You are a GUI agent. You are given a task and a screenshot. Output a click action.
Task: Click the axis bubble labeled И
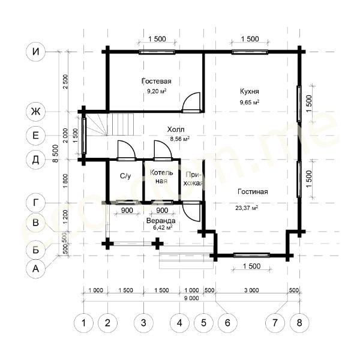tap(35, 52)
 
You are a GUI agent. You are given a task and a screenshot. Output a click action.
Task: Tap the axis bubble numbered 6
tap(227, 323)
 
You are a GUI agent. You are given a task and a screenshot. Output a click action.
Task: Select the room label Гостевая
tap(157, 81)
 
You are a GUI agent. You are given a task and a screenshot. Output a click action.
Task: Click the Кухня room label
tap(250, 91)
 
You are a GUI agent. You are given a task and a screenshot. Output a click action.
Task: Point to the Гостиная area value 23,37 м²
tap(247, 208)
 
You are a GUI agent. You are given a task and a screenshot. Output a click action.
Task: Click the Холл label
tap(176, 130)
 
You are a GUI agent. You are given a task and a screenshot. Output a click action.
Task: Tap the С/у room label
tap(125, 176)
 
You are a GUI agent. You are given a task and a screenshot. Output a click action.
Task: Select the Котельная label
tap(161, 177)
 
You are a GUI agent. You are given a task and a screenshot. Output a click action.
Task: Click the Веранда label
tap(161, 221)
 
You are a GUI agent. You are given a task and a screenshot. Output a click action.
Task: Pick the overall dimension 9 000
tap(191, 298)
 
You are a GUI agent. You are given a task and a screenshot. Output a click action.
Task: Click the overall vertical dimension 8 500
tap(55, 154)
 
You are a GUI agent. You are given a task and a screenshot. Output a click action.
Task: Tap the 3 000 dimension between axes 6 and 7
tap(251, 290)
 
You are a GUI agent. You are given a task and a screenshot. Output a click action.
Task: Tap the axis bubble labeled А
tap(35, 268)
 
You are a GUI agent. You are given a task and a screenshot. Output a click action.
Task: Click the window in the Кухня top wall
tap(250, 52)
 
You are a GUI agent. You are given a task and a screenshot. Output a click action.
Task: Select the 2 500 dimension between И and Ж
tap(65, 82)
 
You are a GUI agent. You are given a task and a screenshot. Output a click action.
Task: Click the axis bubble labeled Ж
tap(35, 112)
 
